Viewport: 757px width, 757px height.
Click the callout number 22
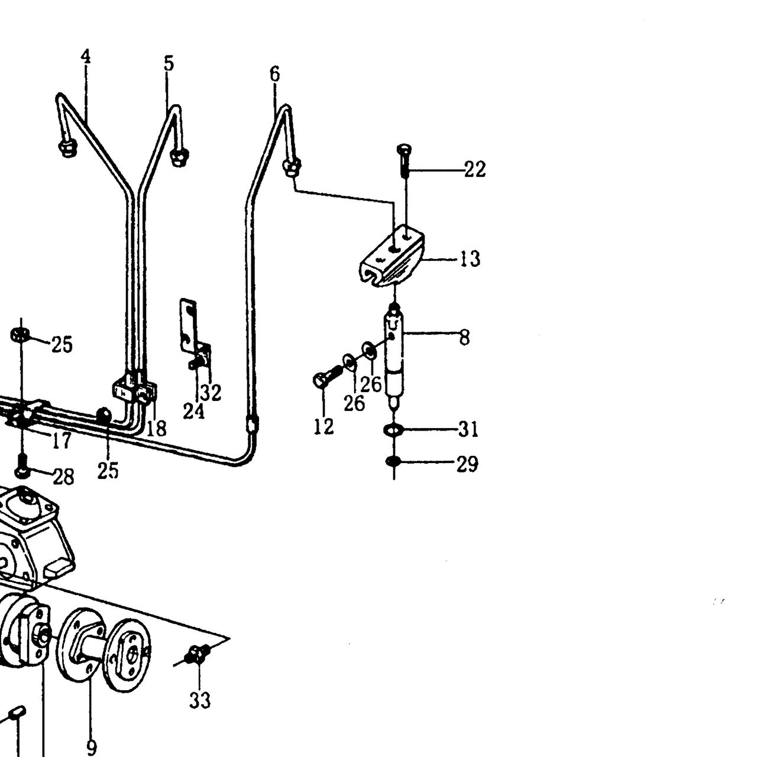point(475,170)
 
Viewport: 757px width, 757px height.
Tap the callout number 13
point(470,259)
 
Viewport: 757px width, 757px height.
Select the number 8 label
point(464,338)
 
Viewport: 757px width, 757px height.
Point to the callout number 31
point(468,429)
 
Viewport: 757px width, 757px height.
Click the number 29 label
point(467,464)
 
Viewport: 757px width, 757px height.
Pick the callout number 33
point(200,700)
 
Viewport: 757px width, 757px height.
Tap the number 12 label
point(323,426)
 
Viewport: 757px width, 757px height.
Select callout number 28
point(63,477)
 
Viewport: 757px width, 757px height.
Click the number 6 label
point(274,74)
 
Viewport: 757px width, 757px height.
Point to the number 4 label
point(86,57)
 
